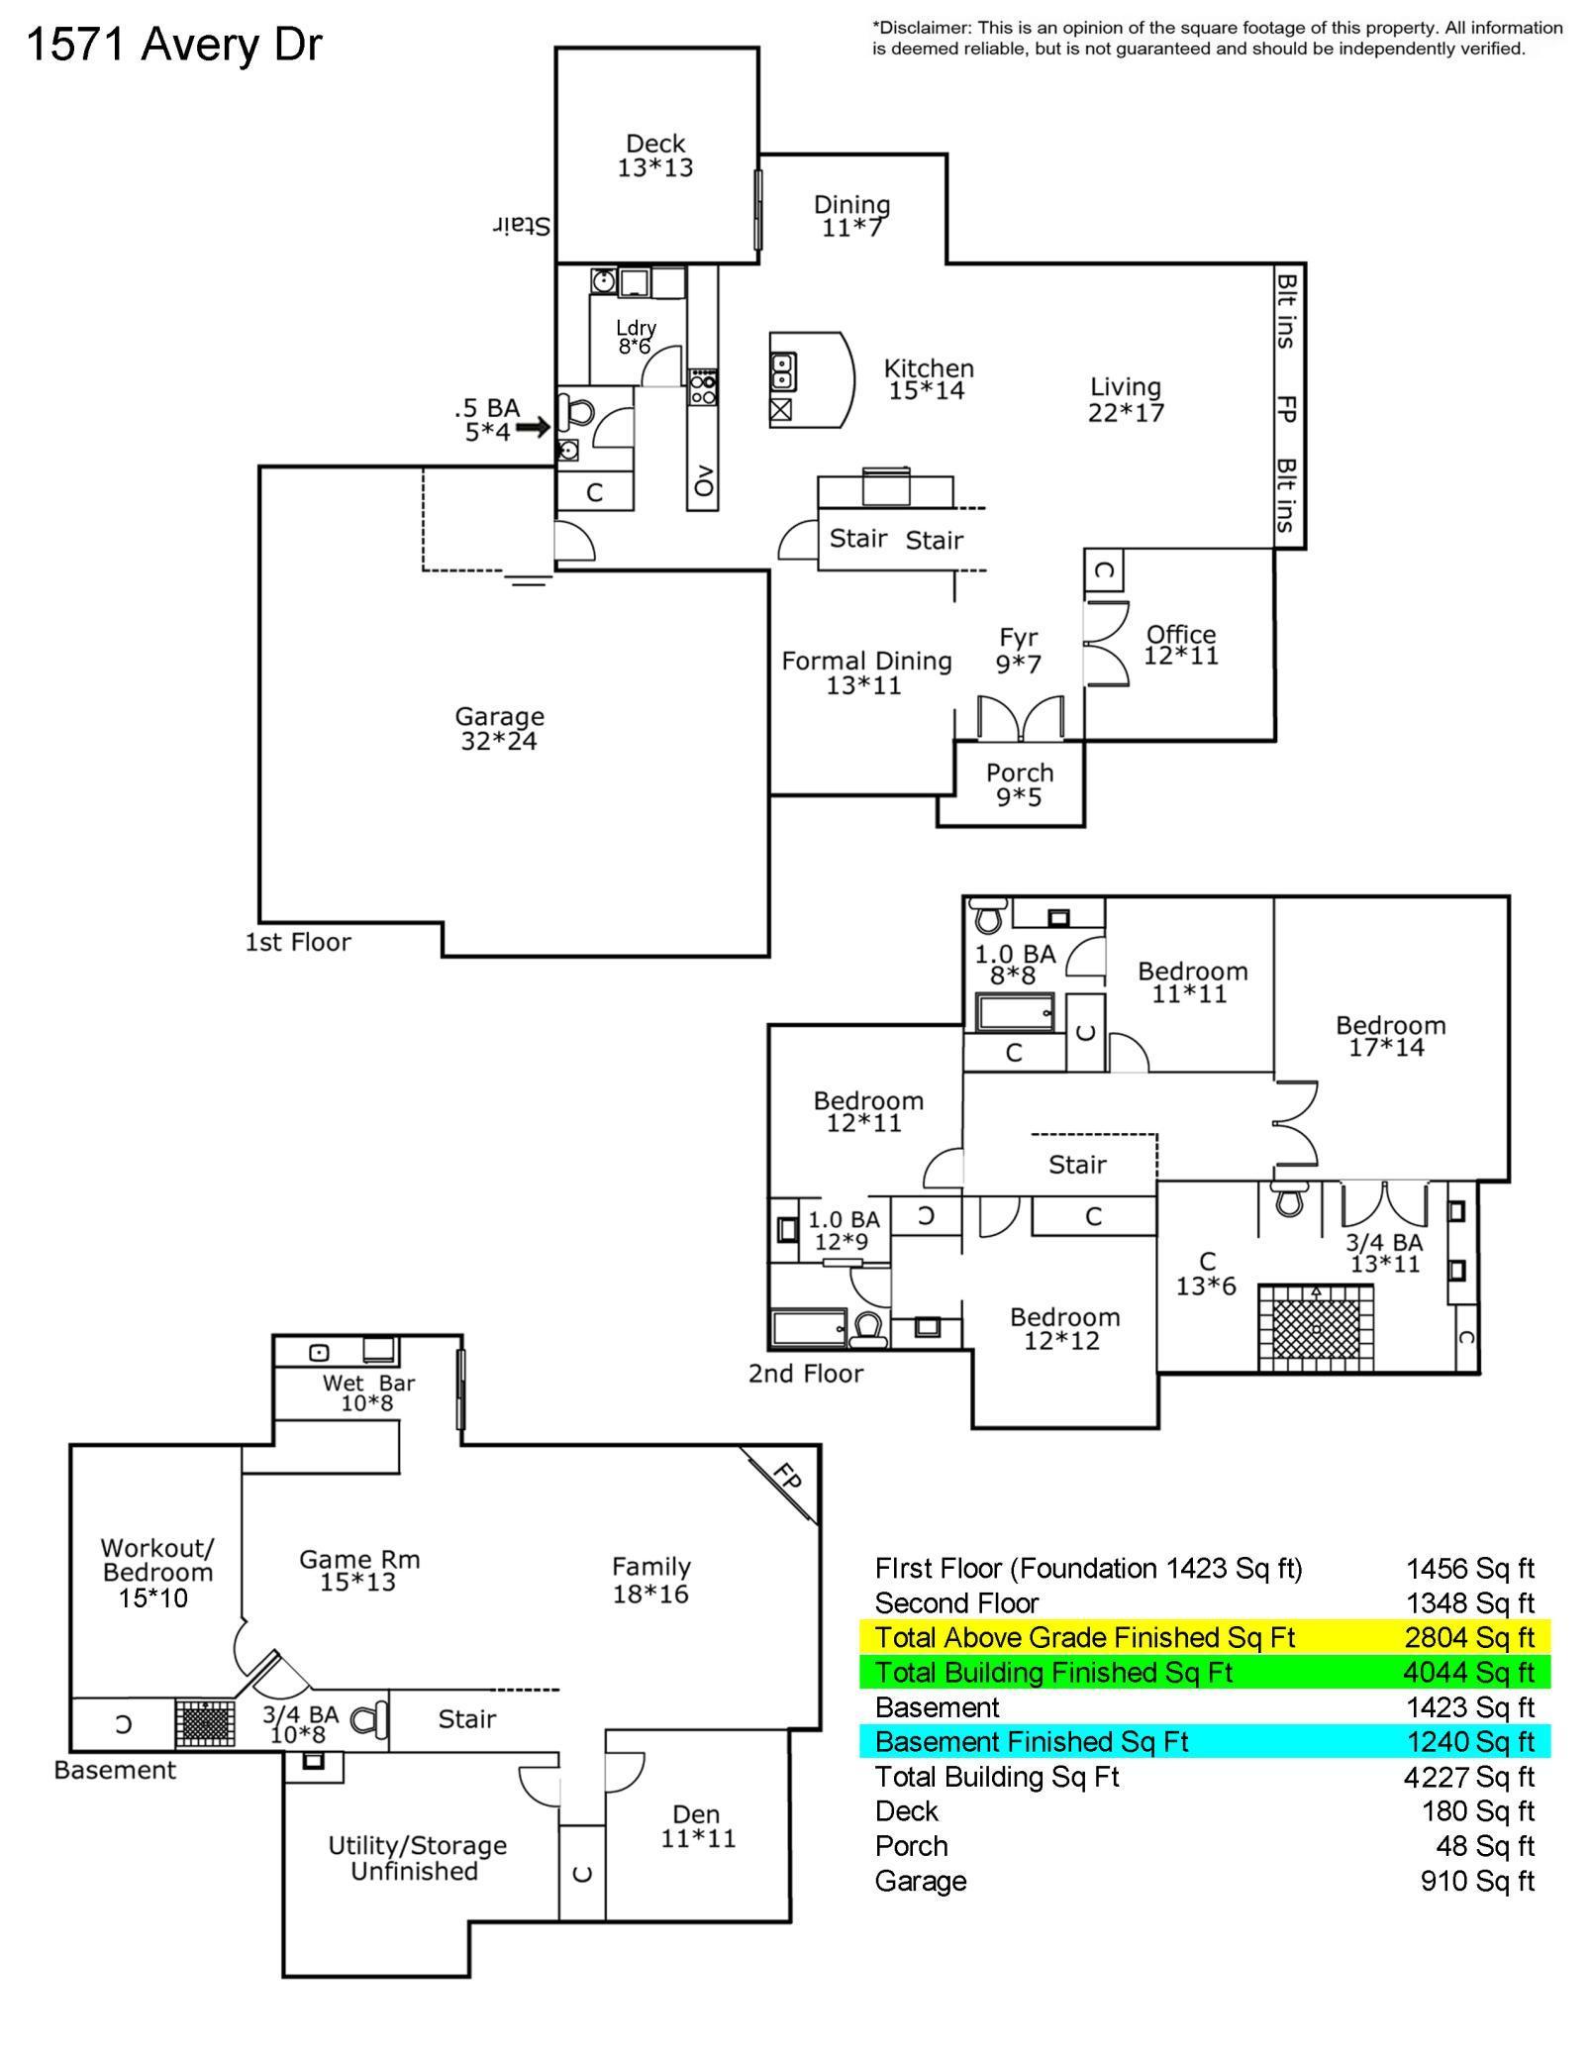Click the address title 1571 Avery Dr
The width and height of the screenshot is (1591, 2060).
tap(174, 45)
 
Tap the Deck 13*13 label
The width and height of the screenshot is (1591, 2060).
tap(655, 156)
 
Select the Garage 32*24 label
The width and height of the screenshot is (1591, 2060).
tap(499, 728)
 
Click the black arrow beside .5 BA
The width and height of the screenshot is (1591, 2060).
tap(533, 428)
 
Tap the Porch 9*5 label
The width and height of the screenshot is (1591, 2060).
tap(1020, 784)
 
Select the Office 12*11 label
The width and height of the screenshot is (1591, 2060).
tap(1181, 645)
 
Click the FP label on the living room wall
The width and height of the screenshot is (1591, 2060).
tap(1286, 408)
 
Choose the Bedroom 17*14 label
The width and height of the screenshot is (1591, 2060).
tap(1390, 1036)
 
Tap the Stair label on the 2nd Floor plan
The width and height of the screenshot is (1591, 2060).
tap(1077, 1165)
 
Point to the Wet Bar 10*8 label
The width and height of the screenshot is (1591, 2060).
tap(368, 1393)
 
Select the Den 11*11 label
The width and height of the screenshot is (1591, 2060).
tap(697, 1826)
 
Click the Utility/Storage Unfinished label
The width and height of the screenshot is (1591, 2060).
tap(417, 1858)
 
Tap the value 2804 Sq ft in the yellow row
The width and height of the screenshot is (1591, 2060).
tap(1469, 1637)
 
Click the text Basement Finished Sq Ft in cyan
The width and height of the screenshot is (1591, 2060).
tap(1032, 1741)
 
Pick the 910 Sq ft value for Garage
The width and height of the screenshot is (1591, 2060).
tap(1477, 1880)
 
